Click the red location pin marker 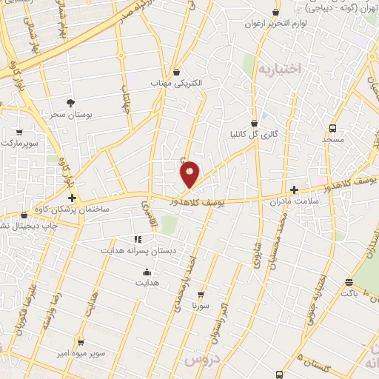click(189, 174)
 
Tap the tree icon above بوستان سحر click(71, 103)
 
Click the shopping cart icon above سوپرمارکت click(19, 133)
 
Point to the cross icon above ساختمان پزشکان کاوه click(72, 198)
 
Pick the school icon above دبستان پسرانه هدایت click(138, 239)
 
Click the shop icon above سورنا click(200, 294)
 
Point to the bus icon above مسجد click(332, 127)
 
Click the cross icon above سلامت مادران click(295, 189)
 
